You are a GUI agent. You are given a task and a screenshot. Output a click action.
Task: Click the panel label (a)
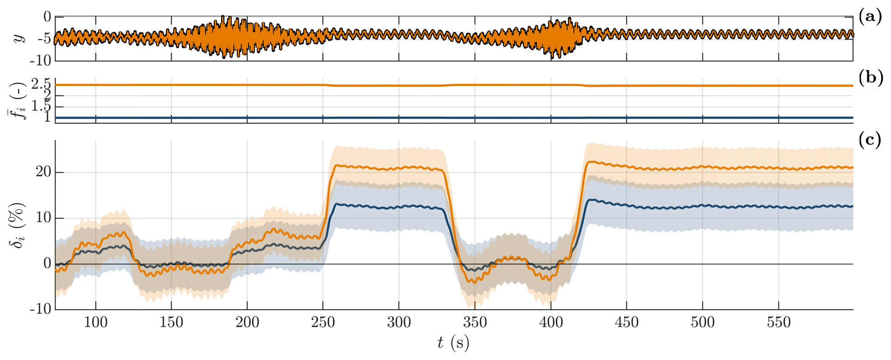point(870,17)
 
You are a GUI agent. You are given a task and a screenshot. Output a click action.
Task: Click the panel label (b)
point(870,78)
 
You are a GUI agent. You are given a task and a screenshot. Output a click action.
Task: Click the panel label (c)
point(870,140)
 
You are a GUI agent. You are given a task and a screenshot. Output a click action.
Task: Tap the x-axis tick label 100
point(96,322)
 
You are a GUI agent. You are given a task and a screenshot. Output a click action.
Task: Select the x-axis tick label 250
point(323,322)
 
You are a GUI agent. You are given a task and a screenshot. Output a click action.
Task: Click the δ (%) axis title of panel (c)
point(17,225)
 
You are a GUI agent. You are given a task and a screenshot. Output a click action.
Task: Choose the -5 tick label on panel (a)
point(42,39)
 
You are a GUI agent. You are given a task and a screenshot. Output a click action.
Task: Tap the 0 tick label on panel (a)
point(47,17)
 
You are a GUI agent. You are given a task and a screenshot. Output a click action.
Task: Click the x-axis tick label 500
point(703,322)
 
